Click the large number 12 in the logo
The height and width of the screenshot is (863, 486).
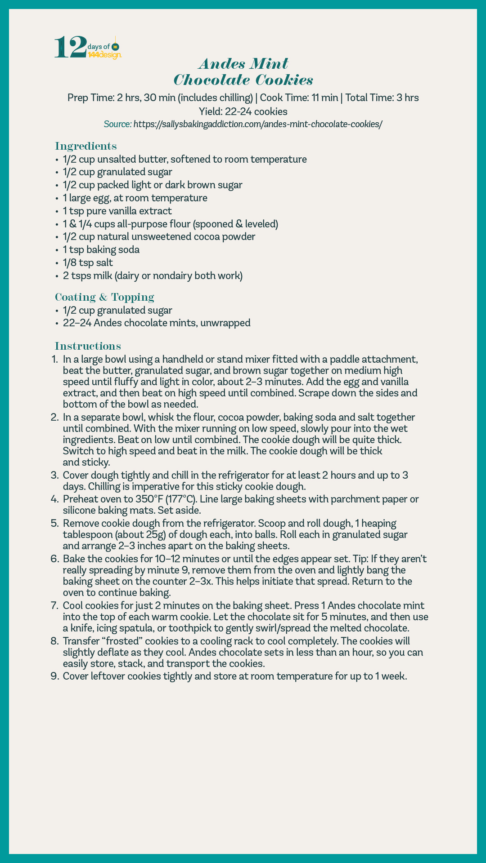click(x=70, y=47)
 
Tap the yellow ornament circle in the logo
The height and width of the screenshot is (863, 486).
click(x=115, y=47)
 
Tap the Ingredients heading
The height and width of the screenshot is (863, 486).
click(x=86, y=146)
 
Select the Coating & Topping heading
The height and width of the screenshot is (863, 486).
click(x=104, y=297)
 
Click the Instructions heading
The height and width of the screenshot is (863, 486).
click(x=88, y=346)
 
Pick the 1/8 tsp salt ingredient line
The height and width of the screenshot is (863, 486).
click(x=88, y=262)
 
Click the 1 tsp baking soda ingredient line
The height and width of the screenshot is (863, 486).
click(x=101, y=249)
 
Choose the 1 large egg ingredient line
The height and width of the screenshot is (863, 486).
click(x=135, y=198)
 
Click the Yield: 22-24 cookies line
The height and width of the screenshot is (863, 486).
click(x=243, y=111)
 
